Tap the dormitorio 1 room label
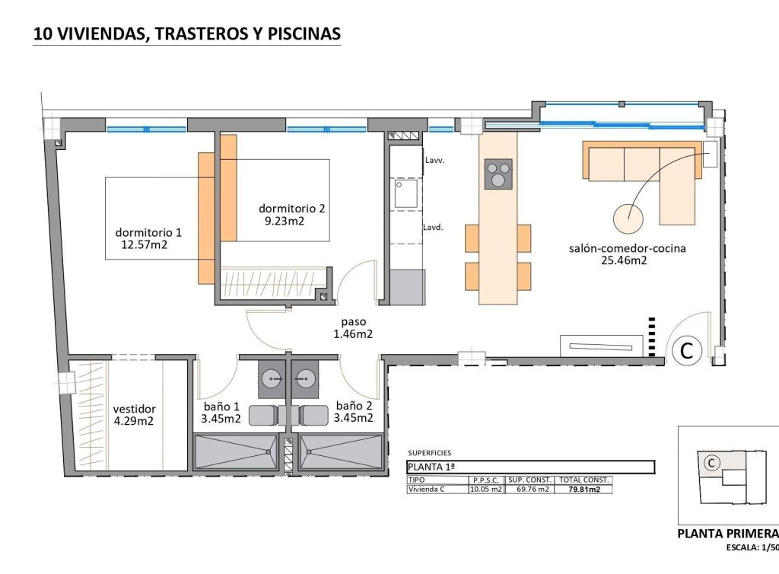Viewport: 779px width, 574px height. (148, 233)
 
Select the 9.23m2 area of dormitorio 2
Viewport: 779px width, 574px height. (285, 222)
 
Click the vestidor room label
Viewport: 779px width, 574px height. (134, 407)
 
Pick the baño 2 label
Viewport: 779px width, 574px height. (355, 406)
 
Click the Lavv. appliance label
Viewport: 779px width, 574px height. (434, 161)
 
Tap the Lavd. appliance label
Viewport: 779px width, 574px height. (434, 227)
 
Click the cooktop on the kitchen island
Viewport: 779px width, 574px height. (498, 174)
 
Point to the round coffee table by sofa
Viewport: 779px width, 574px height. (629, 218)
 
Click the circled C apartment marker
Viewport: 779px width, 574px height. (686, 352)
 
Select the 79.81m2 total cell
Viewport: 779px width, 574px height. (584, 489)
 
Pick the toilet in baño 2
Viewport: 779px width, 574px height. (313, 415)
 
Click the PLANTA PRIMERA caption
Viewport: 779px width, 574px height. (727, 534)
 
